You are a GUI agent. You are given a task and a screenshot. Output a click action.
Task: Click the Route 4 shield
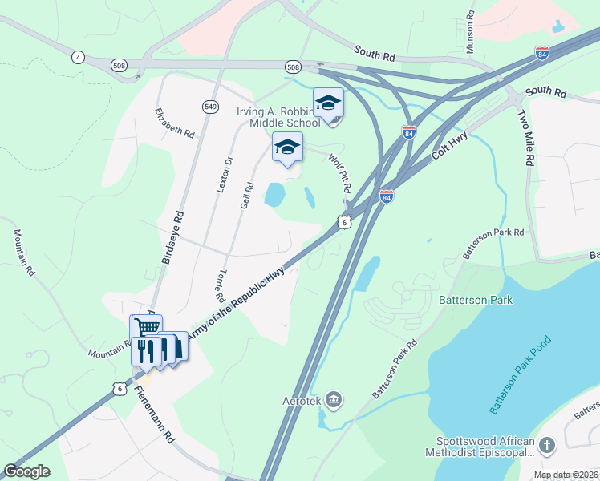coord(78,57)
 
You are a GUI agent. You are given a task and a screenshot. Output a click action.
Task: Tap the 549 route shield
coord(210,107)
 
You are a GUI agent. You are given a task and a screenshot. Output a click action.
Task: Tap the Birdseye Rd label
coord(172,237)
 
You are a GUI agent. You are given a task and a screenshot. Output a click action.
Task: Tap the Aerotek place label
coord(305,398)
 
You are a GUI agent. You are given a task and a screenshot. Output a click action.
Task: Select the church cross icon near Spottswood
coord(547,445)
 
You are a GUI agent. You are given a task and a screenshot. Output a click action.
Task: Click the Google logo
coord(26,471)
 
